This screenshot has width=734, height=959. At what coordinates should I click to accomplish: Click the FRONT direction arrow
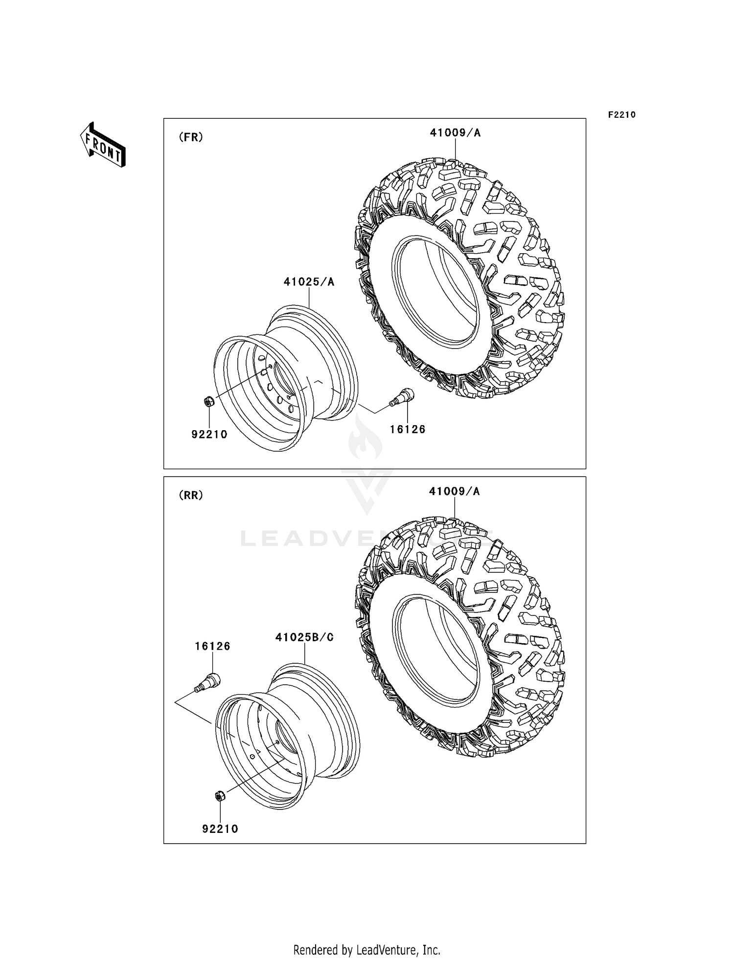(103, 145)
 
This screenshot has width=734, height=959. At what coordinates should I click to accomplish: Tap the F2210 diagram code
(621, 115)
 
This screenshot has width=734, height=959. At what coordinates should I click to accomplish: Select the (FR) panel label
(191, 137)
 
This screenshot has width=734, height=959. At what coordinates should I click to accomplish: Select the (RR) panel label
(191, 495)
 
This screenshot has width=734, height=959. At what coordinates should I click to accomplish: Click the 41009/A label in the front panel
(455, 133)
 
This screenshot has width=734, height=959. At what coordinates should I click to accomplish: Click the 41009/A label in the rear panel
(454, 491)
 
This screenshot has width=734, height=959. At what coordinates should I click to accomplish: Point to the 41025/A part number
(309, 282)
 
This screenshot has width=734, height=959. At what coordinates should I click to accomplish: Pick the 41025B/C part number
(304, 637)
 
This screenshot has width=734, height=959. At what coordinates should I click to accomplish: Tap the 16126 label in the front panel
(407, 429)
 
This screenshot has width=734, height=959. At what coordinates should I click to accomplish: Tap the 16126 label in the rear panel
(212, 646)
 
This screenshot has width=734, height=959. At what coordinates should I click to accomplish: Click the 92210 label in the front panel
(209, 434)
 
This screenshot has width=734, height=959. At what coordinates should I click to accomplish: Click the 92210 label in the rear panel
(220, 828)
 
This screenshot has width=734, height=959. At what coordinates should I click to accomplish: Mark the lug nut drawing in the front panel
(208, 402)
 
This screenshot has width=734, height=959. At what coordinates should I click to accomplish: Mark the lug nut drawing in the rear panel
(220, 796)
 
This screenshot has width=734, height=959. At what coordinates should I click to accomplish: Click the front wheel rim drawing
(286, 379)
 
